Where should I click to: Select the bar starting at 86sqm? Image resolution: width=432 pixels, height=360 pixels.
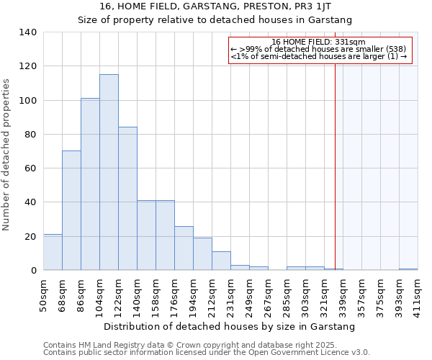[x=90, y=184]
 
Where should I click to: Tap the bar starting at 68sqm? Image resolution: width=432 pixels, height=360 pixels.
[x=71, y=210]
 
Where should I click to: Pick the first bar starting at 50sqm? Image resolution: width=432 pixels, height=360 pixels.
[x=53, y=252]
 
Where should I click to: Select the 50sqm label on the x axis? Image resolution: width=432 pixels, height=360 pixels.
[x=43, y=294]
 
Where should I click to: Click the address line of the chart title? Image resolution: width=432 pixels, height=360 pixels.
[x=215, y=6]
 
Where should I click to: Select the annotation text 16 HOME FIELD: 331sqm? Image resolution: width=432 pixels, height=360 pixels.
[x=320, y=42]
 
